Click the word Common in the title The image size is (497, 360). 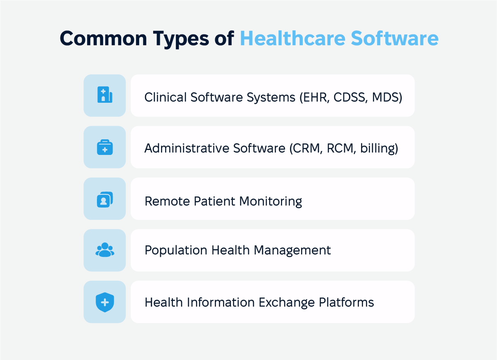(103, 38)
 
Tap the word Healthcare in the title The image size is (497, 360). (292, 38)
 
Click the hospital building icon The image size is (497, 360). (105, 95)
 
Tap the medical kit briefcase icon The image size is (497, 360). (105, 147)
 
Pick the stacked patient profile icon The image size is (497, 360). (105, 200)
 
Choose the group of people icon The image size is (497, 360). (105, 250)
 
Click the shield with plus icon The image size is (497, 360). (105, 302)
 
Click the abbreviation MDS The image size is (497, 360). (386, 97)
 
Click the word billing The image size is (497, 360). (377, 148)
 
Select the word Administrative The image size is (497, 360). (187, 148)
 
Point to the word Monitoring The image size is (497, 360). (271, 201)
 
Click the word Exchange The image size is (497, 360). (287, 302)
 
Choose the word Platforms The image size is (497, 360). (346, 302)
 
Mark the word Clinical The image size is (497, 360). (166, 97)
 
